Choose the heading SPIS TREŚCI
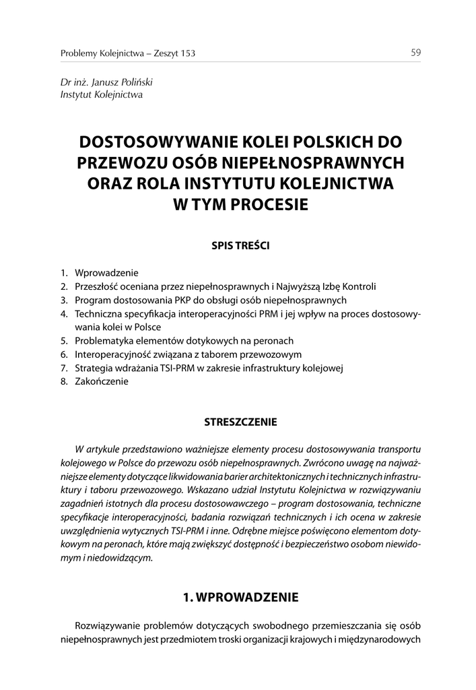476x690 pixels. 241,246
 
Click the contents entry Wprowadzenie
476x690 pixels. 106,274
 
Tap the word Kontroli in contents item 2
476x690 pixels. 357,287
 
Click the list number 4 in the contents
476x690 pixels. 63,314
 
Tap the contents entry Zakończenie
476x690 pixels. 102,381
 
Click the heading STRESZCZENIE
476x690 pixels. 241,423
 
